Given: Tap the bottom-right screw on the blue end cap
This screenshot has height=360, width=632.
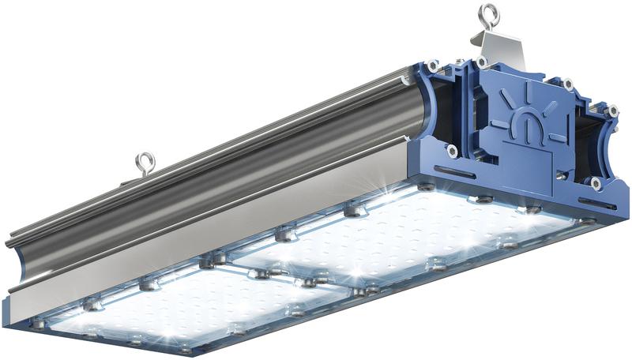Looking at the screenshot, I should (595, 182).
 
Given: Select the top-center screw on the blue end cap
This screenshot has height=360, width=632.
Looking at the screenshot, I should (481, 62).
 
